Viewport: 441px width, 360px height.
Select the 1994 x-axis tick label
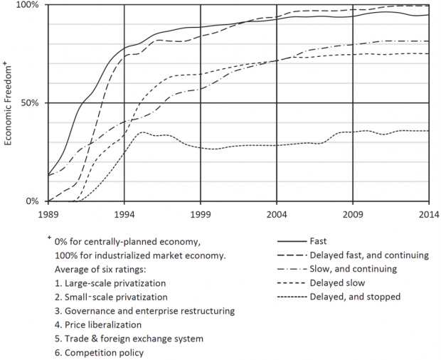124,213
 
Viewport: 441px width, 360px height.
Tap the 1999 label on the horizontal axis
200,213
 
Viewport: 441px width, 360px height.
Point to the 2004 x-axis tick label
277,213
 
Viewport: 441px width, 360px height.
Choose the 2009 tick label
353,213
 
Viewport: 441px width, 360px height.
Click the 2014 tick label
428,213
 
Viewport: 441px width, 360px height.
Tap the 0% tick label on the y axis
34,201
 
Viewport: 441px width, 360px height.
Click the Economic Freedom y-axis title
9,103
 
